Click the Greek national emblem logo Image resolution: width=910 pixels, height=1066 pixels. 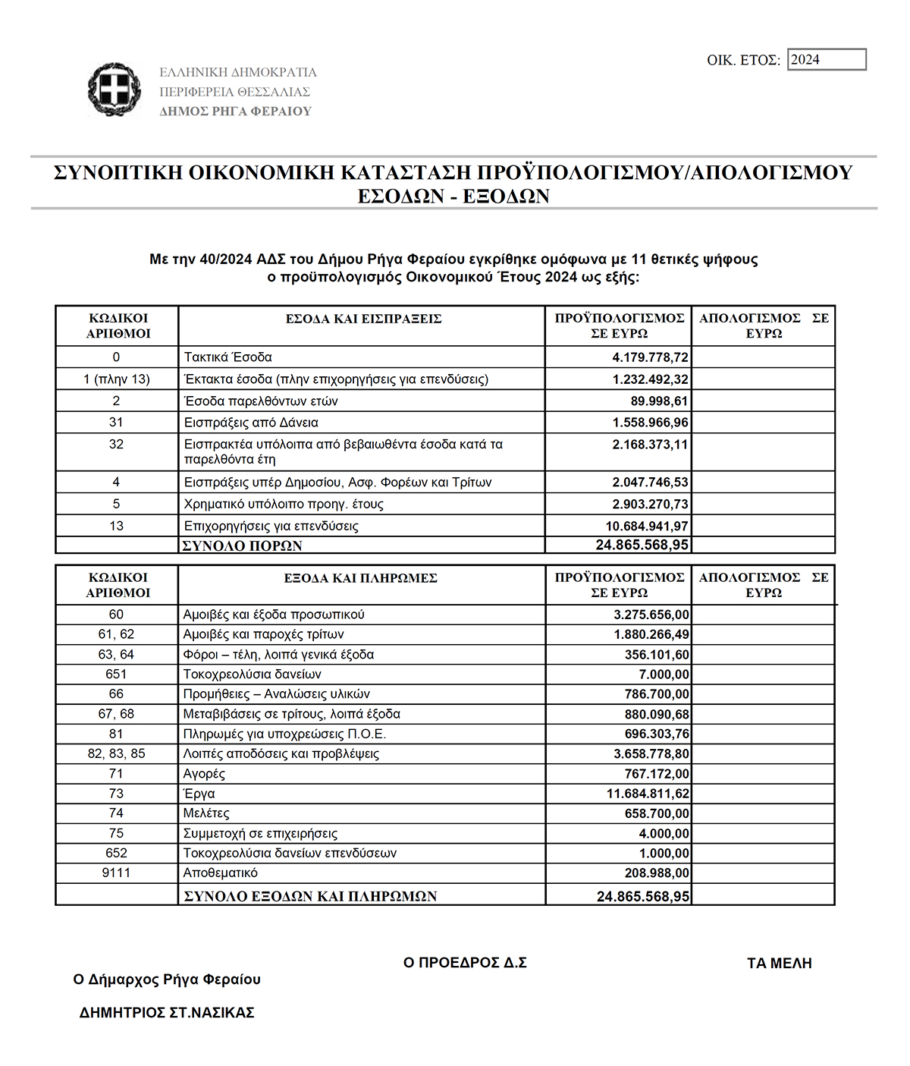pos(115,90)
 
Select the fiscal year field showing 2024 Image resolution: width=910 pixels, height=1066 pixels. pos(827,59)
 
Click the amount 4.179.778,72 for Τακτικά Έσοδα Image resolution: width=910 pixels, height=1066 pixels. pos(650,357)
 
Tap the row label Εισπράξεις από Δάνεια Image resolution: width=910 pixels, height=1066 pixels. pos(251,423)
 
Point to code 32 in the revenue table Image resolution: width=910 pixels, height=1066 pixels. pos(116,444)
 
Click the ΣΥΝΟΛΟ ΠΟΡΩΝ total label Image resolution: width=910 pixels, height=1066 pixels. pos(243,546)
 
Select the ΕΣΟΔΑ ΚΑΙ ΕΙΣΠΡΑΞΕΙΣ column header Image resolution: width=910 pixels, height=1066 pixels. pos(363,319)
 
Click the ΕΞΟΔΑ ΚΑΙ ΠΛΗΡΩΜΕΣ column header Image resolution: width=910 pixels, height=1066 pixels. pos(360,578)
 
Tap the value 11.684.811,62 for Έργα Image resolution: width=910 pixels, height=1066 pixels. pos(648,794)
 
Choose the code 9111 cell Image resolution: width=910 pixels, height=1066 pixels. pos(116,873)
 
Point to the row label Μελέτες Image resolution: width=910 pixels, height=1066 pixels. pos(206,813)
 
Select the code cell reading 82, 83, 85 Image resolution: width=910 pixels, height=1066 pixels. pos(116,753)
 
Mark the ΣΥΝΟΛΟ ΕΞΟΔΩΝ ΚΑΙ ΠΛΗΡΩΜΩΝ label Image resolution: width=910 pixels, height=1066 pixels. pos(310,896)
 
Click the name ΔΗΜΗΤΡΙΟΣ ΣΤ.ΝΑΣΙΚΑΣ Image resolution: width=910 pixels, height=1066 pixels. pos(167,1012)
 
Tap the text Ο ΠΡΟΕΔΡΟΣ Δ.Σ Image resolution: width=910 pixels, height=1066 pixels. pos(465,963)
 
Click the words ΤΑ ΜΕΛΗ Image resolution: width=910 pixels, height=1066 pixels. pos(779,964)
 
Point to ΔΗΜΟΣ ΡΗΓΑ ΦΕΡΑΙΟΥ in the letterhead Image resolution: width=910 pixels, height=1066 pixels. pos(235,112)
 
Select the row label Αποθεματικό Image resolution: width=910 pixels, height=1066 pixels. pos(220,873)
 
